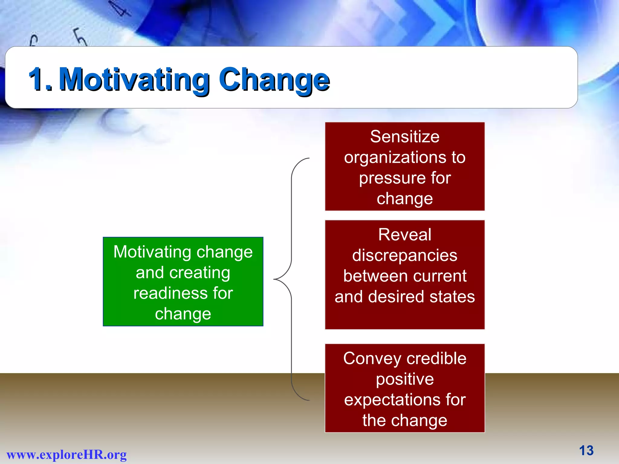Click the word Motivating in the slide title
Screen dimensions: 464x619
point(134,79)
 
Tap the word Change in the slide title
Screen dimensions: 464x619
point(274,79)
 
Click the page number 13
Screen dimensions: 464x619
point(586,451)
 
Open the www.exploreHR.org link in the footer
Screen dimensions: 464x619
point(66,455)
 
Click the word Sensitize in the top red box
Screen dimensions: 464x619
point(404,137)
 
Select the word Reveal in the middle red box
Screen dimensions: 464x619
point(404,235)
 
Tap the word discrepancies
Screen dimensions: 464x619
point(404,256)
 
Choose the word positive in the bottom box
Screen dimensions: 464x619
point(404,379)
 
